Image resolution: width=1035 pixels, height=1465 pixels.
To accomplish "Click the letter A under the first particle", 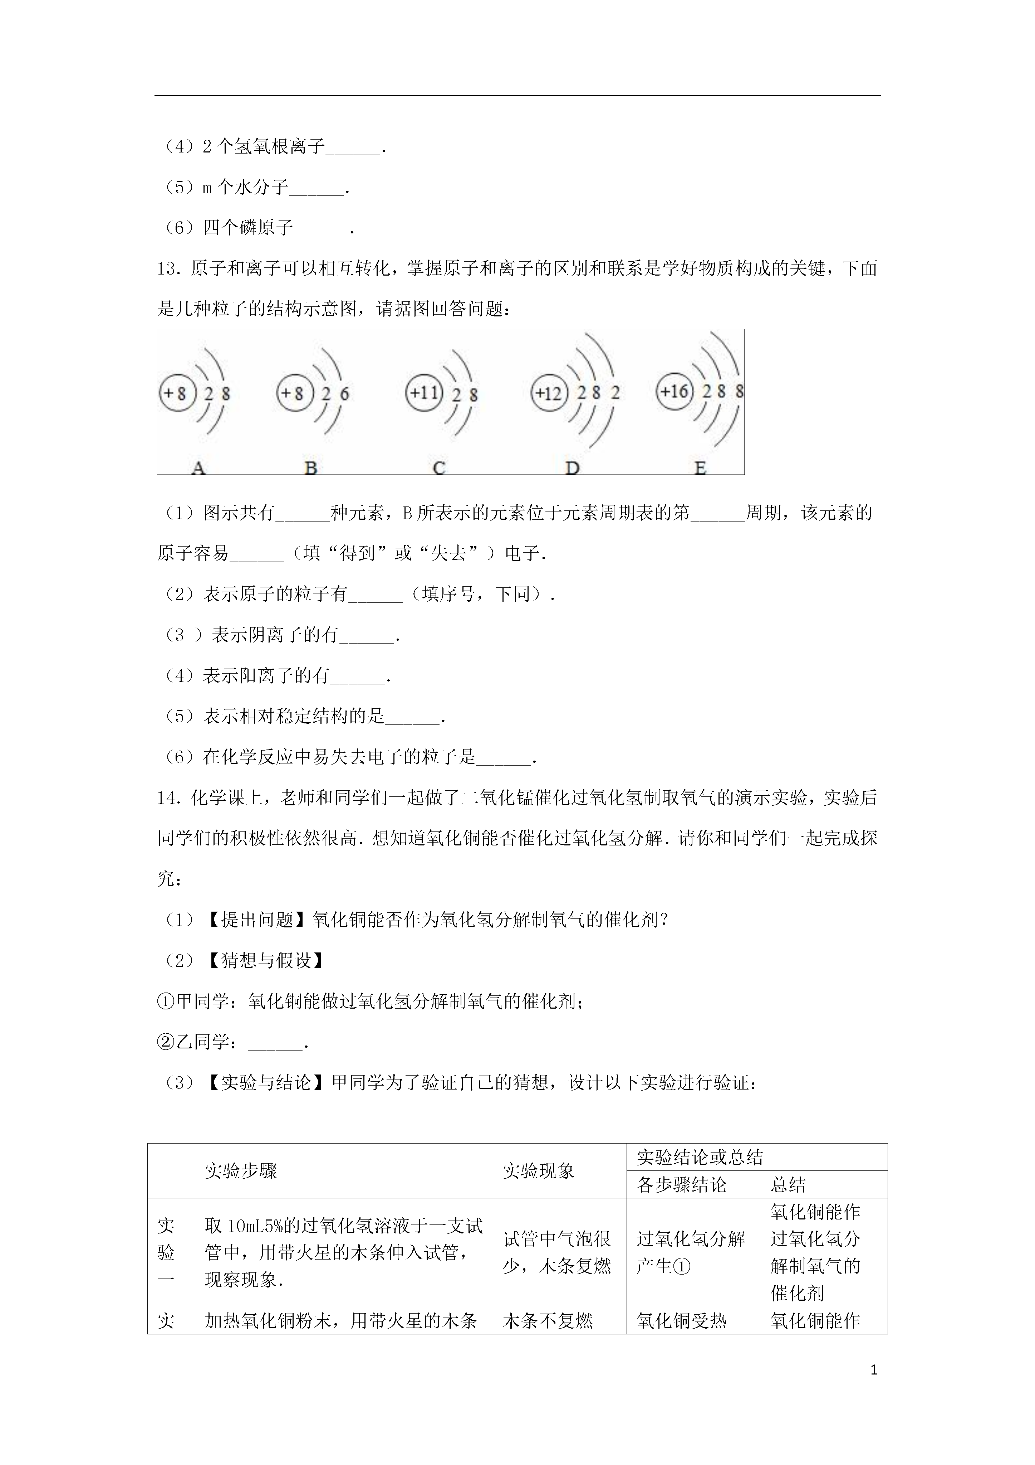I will pos(198,468).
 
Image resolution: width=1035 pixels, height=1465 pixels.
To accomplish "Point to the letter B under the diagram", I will pos(310,468).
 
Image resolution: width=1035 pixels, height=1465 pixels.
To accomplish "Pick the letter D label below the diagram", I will pos(572,468).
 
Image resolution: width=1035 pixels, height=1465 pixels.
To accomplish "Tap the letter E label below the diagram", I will pos(700,468).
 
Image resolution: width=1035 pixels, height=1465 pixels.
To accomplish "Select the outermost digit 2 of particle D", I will pos(615,392).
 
